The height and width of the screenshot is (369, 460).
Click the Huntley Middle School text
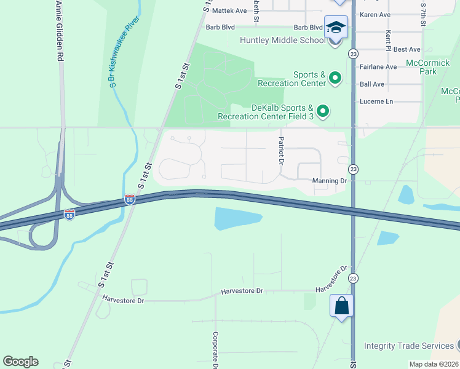point(282,41)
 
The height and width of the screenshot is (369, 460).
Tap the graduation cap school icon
point(336,27)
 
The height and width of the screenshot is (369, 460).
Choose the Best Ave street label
point(406,49)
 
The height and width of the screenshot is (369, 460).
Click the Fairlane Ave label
point(378,66)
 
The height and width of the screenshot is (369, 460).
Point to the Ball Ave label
point(371,84)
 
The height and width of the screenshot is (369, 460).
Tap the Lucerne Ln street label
point(375,101)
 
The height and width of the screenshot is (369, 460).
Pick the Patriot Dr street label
point(280,151)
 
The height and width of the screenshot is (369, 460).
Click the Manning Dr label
point(330,181)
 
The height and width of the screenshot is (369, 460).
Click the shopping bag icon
point(341,305)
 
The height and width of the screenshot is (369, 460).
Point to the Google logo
point(20,362)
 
